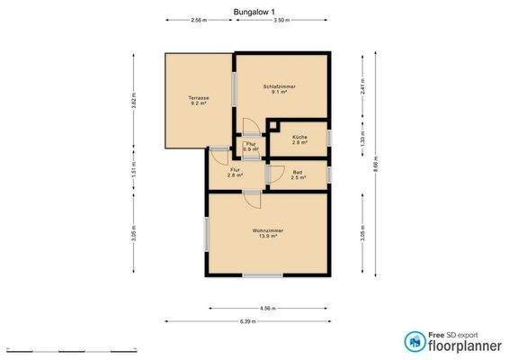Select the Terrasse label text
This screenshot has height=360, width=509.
pyautogui.click(x=199, y=97)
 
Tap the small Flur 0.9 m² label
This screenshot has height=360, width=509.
pyautogui.click(x=251, y=146)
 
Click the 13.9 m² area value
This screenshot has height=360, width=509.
pyautogui.click(x=267, y=238)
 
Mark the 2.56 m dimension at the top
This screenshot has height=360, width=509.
pyautogui.click(x=198, y=19)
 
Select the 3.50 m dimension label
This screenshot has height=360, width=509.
pyautogui.click(x=281, y=19)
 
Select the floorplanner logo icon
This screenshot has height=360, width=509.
pyautogui.click(x=415, y=341)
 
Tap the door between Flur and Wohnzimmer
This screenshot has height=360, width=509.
pyautogui.click(x=252, y=193)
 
